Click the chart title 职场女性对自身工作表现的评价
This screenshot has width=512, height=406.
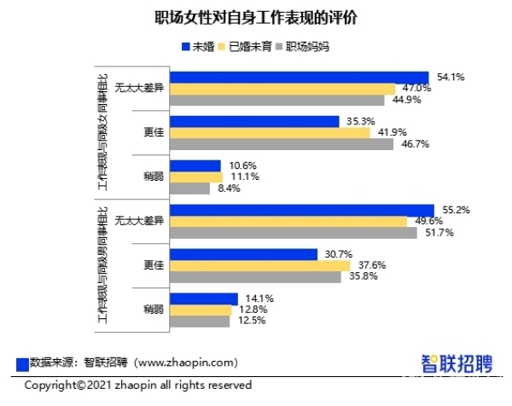(255, 18)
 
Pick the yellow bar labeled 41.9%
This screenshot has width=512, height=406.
(271, 132)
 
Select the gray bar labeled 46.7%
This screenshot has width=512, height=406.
(282, 144)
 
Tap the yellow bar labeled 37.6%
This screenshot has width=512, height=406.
(260, 265)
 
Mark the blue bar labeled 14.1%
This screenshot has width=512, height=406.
(203, 299)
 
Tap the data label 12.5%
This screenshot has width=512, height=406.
(250, 321)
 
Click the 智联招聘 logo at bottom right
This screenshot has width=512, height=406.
(457, 362)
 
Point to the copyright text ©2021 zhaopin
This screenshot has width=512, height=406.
(137, 386)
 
